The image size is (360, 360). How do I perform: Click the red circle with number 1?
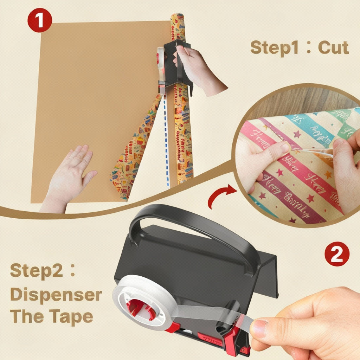click(x=39, y=20)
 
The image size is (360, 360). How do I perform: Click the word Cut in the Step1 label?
click(x=333, y=48)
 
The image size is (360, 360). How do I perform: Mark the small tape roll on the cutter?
click(x=161, y=58)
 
